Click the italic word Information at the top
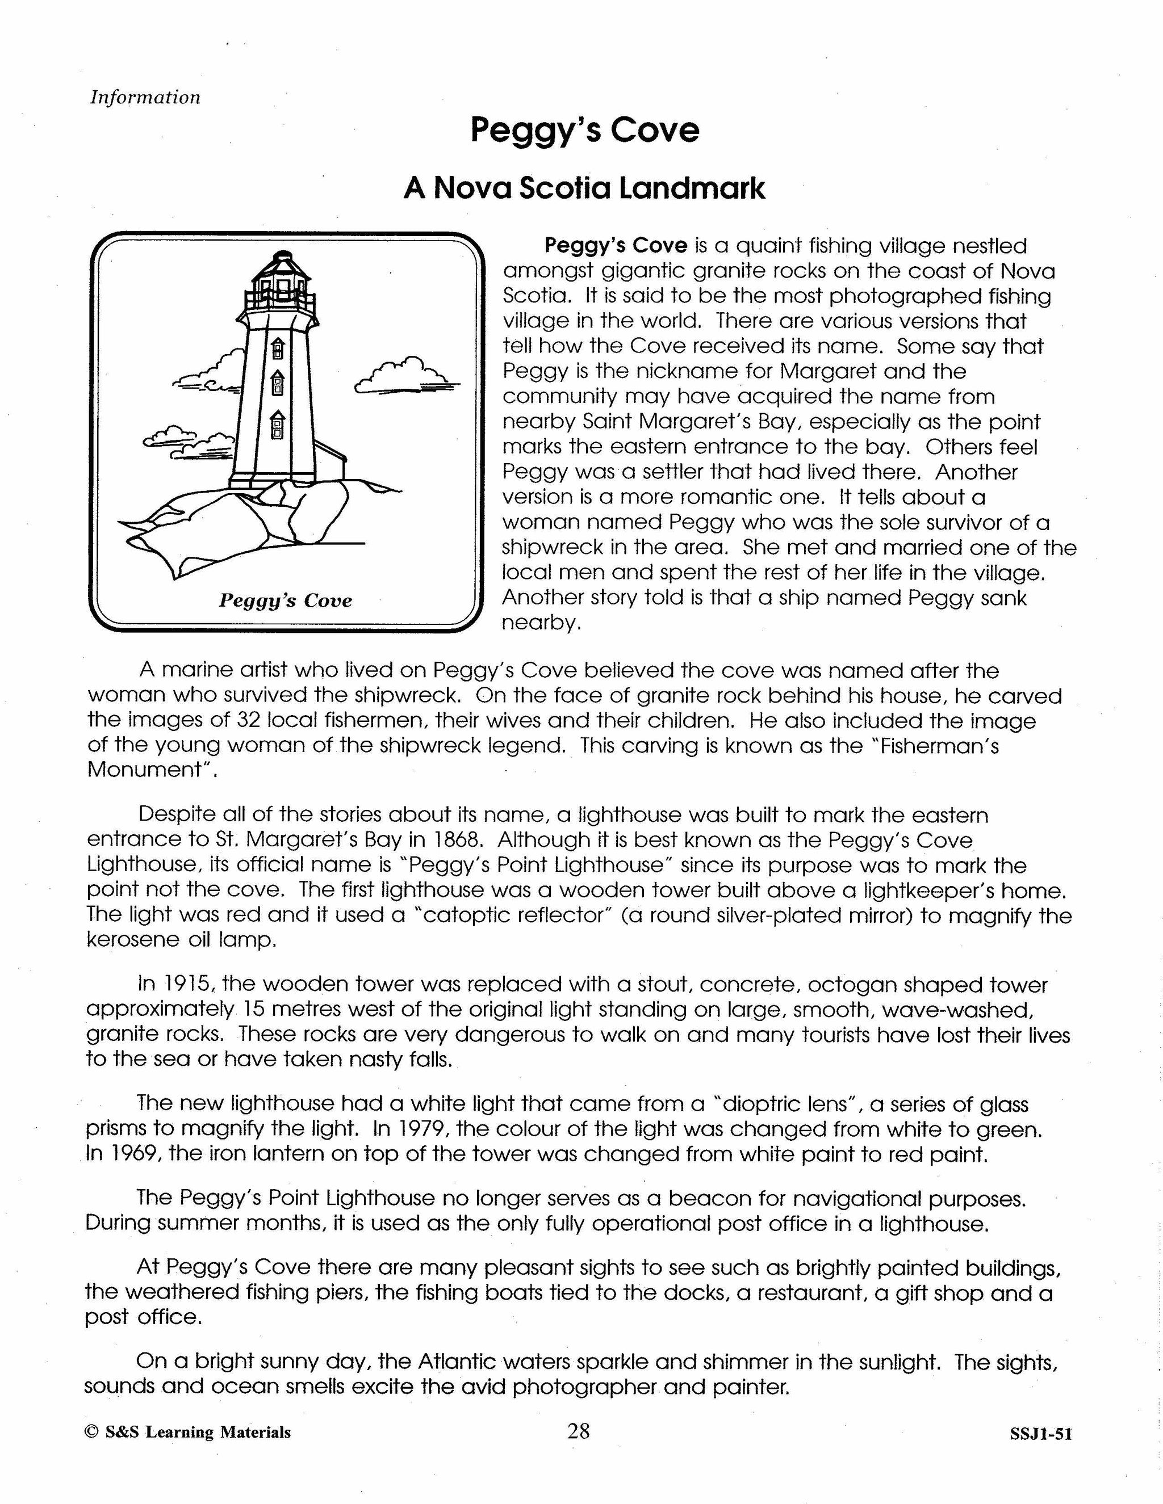(145, 97)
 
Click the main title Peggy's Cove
(584, 129)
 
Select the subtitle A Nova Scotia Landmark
(584, 188)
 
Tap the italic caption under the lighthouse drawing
(285, 600)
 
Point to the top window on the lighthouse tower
(278, 348)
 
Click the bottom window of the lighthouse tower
(277, 425)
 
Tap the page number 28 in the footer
(578, 1431)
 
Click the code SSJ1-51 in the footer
(1040, 1433)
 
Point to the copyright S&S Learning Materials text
(187, 1432)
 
